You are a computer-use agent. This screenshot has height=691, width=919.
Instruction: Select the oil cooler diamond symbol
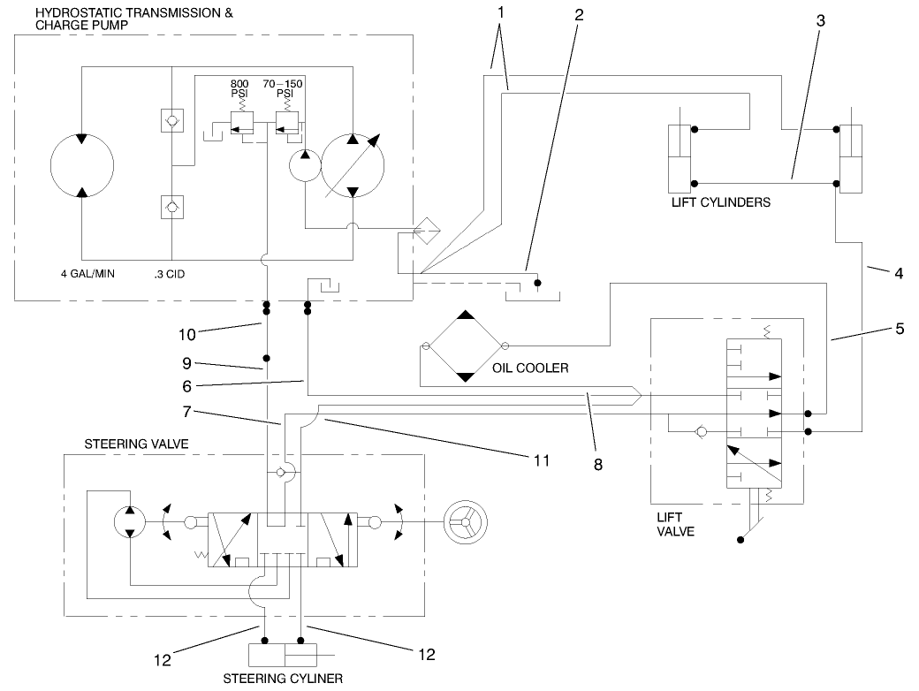(x=465, y=345)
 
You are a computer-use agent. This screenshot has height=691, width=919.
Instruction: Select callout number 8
(x=598, y=464)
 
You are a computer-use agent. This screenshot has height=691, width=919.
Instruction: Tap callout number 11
(x=542, y=460)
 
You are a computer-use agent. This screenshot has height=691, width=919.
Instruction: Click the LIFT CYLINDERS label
(x=720, y=202)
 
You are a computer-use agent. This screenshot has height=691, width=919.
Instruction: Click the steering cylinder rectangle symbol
(x=283, y=655)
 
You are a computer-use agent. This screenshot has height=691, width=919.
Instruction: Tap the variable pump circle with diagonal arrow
(x=353, y=165)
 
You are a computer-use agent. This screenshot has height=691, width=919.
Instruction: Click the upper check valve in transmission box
(x=172, y=120)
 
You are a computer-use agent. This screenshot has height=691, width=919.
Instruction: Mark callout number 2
(x=578, y=16)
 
